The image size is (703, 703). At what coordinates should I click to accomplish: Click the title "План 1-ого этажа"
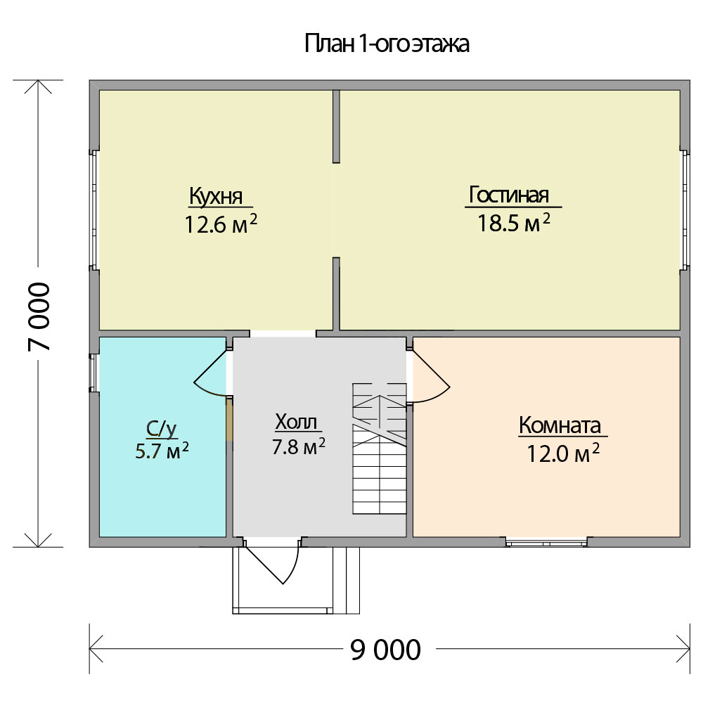pos(387,44)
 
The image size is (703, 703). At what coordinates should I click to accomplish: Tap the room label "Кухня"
pos(216,196)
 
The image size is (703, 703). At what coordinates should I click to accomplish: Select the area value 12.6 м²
pos(221,224)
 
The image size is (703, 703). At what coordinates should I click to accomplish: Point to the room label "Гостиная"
pos(509,195)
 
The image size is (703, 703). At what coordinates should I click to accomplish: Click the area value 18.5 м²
pos(513,222)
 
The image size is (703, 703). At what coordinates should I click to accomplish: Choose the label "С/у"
pos(162,429)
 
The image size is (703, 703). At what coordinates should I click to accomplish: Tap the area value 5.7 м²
pos(162,451)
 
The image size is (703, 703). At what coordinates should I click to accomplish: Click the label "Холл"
pos(296,422)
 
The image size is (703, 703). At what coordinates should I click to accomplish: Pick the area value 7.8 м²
pos(299,446)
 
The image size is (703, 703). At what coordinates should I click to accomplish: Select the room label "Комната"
pos(560,425)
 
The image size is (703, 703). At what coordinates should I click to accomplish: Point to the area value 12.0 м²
pos(562,453)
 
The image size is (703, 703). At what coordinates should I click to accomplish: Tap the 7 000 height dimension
pos(39,316)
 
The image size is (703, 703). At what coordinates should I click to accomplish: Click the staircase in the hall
pos(380,449)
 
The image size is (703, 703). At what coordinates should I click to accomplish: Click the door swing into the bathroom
pos(211,373)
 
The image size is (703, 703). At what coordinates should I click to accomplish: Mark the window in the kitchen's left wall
pos(94,209)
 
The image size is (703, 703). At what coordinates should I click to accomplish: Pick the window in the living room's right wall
pos(685,209)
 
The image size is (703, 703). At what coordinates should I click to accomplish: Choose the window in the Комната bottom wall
pos(546,543)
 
